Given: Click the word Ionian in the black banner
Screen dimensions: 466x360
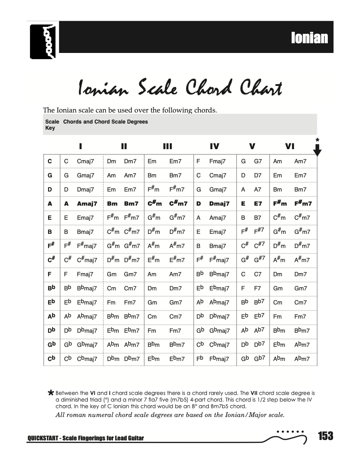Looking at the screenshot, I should [x=309, y=38].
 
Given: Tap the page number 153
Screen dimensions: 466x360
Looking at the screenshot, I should [x=326, y=436].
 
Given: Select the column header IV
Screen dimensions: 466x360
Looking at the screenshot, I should [x=214, y=147].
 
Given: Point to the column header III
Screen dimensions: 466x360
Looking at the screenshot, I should [x=167, y=147].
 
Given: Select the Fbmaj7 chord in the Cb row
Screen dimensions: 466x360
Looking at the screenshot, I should [x=219, y=359].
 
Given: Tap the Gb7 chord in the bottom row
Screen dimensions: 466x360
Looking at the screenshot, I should [x=259, y=359].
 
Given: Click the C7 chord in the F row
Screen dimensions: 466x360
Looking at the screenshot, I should [x=258, y=274].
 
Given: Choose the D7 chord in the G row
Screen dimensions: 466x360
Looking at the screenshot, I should [x=258, y=176].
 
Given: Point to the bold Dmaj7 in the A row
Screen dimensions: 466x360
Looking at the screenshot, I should [x=219, y=203].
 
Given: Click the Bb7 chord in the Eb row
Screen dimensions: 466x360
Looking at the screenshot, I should [x=259, y=302].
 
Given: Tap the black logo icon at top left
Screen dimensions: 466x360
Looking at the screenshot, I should [x=44, y=41].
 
